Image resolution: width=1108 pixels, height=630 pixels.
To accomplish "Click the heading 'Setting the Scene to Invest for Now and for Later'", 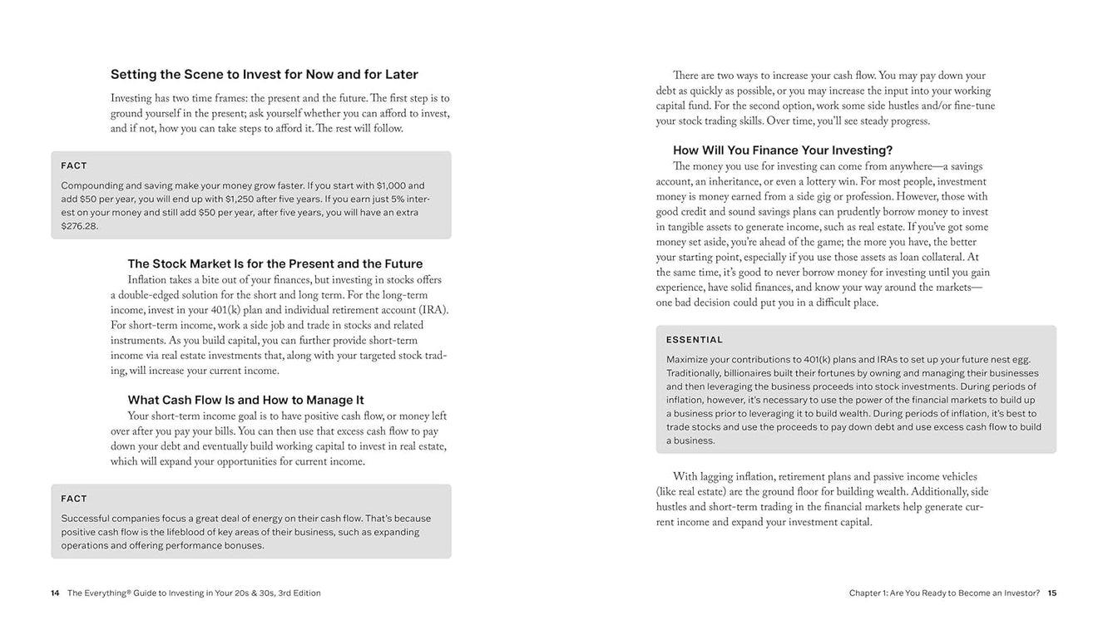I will (x=265, y=75).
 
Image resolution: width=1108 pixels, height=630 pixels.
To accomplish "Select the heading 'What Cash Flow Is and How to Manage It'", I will (x=245, y=400).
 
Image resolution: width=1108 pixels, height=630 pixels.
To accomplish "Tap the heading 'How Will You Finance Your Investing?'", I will (x=782, y=150).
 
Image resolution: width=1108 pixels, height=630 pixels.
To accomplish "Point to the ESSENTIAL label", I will (x=695, y=340).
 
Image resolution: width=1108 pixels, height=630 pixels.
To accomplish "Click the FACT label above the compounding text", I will (x=74, y=166).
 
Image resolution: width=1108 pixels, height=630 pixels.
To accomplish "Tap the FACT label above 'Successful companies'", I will (x=74, y=499).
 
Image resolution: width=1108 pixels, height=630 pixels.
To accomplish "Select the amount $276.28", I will (x=80, y=226).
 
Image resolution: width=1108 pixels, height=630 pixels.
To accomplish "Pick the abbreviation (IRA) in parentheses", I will (x=433, y=311).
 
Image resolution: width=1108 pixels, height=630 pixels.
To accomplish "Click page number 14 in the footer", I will (x=55, y=593).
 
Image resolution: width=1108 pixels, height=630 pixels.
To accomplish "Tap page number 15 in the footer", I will (x=1052, y=593).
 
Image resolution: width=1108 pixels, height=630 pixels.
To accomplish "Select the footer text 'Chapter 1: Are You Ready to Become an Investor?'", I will (x=944, y=593).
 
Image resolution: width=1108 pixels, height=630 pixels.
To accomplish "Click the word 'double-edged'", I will (x=151, y=296).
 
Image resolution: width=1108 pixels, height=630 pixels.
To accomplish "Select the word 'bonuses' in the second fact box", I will (x=244, y=545).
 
